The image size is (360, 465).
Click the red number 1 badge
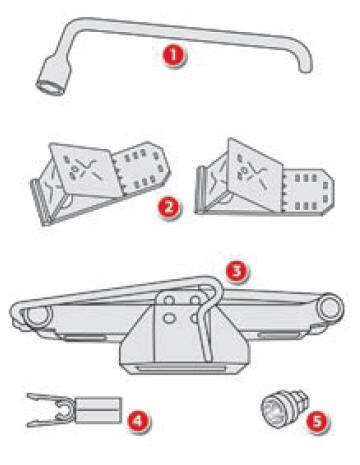[174, 56]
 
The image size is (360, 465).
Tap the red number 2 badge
[169, 207]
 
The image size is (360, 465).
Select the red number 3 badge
[236, 271]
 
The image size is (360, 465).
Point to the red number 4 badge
[138, 421]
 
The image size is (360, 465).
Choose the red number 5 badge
[317, 420]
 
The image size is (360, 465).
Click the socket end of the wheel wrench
[53, 76]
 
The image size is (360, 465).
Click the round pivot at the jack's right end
[330, 307]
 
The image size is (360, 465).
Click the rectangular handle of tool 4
[97, 410]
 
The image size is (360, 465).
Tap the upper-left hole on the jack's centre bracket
[170, 301]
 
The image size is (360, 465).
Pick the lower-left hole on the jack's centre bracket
[169, 319]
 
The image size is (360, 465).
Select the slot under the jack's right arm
[279, 335]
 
